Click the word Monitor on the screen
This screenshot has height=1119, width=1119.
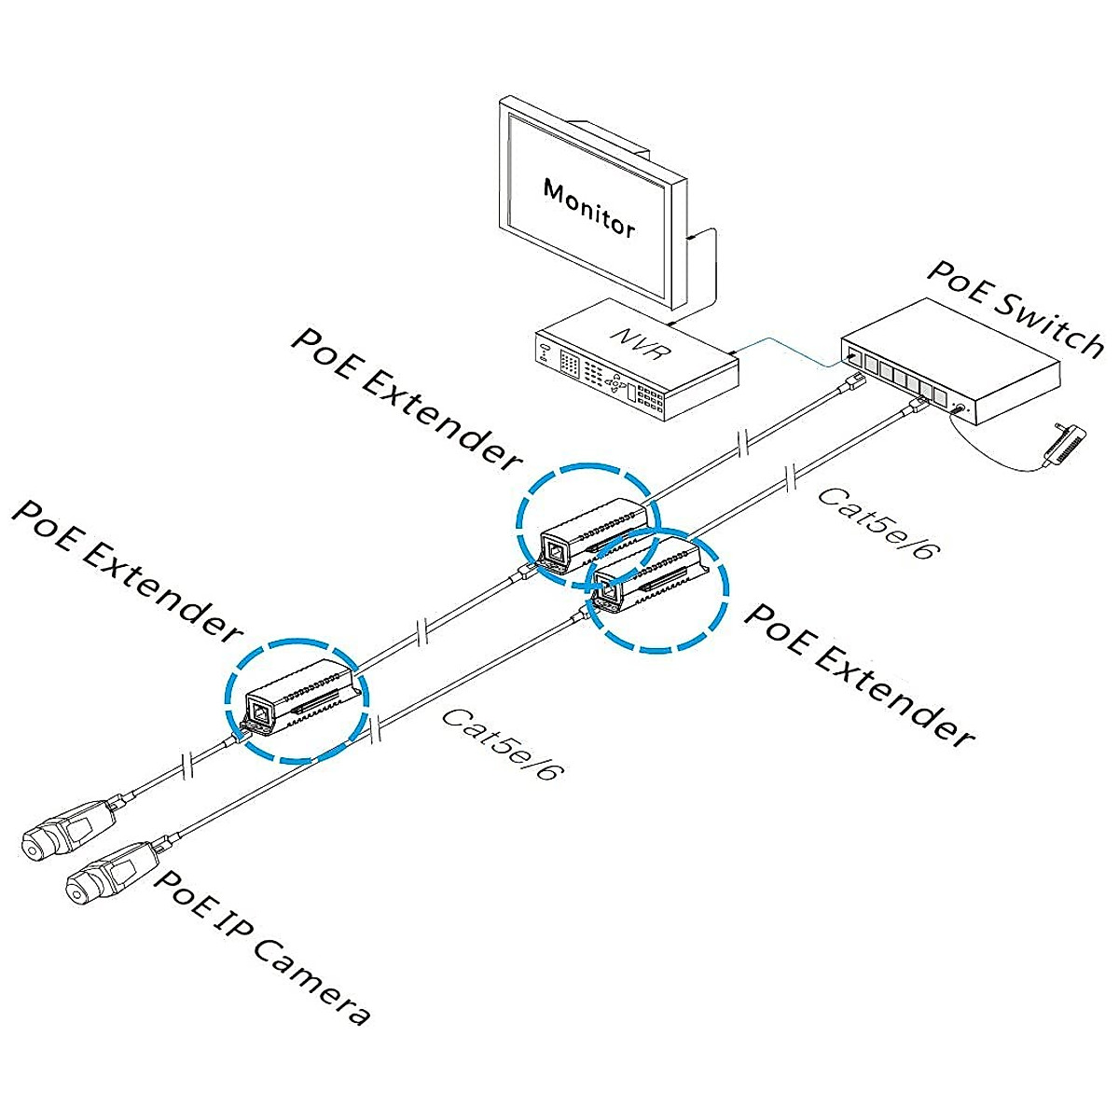588,209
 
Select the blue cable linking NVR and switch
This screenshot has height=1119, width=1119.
791,351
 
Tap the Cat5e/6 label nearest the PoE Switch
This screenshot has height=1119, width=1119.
877,522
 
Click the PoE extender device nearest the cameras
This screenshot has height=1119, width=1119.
297,698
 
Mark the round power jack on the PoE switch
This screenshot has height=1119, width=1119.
961,408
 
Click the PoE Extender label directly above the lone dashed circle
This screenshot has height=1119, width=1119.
126,571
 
